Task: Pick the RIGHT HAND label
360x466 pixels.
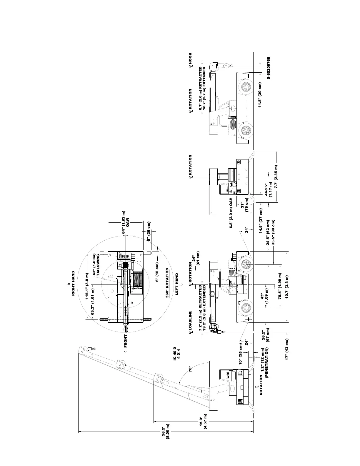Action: [74, 283]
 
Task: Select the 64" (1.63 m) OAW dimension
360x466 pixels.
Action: [126, 222]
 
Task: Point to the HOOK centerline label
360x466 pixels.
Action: [190, 60]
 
